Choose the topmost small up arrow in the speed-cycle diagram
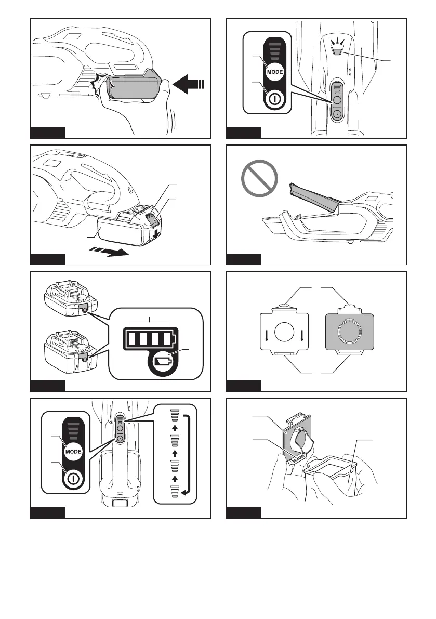coord(175,428)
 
